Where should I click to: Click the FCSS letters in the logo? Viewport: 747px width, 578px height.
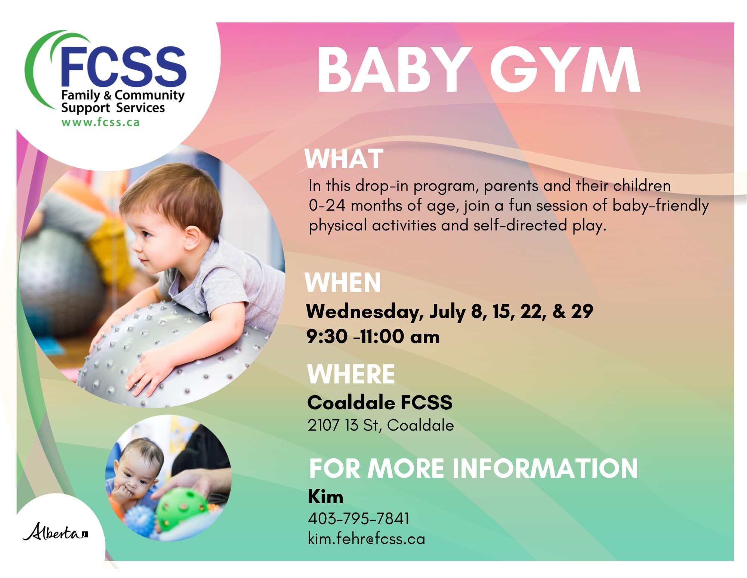click(x=123, y=67)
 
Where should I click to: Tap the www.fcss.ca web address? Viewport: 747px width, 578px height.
click(x=101, y=122)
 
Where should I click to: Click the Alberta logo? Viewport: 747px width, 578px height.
click(x=55, y=532)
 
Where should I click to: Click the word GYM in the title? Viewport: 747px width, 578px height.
click(x=565, y=70)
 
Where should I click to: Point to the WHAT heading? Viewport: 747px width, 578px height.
click(x=344, y=159)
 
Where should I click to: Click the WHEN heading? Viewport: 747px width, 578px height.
click(x=343, y=282)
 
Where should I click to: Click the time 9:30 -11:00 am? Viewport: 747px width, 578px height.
click(x=373, y=336)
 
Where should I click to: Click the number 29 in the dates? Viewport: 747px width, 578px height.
click(x=582, y=311)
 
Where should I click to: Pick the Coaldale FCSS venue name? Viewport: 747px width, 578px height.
click(x=380, y=403)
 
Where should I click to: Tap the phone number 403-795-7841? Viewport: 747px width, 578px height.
click(x=358, y=519)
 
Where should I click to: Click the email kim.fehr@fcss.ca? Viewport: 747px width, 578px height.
click(x=366, y=538)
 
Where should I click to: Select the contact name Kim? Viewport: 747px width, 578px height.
click(x=325, y=497)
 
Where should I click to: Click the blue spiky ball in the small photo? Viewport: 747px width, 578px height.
click(x=139, y=521)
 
